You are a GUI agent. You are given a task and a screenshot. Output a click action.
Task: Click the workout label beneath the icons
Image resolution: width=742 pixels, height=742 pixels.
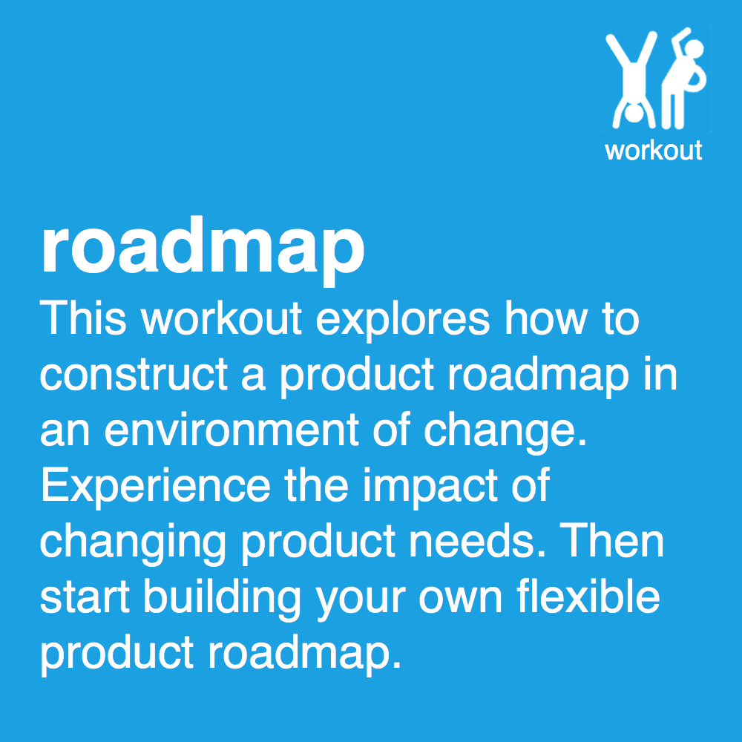pyautogui.click(x=653, y=150)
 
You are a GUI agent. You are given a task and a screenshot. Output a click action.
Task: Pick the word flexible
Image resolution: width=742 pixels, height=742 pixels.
pyautogui.click(x=586, y=598)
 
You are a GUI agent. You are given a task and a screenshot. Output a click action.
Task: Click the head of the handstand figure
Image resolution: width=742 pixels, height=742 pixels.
pyautogui.click(x=631, y=114)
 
